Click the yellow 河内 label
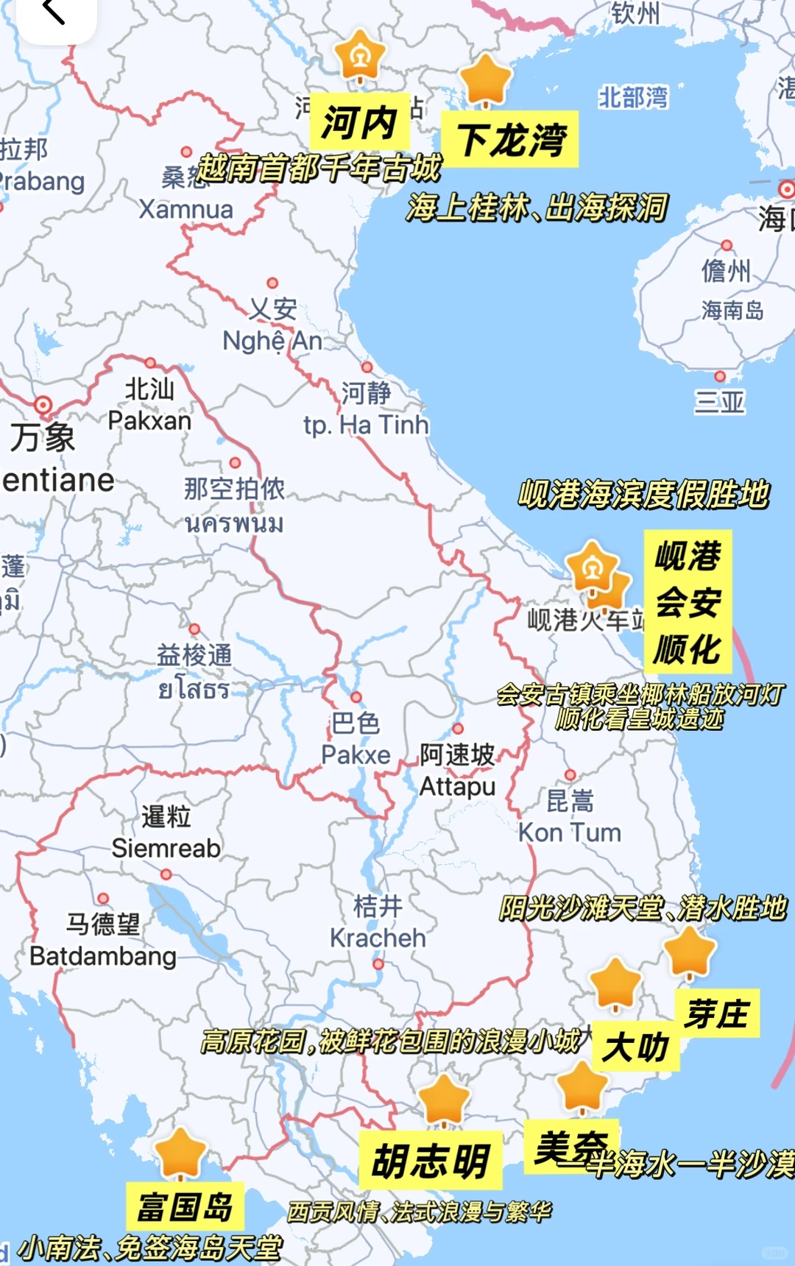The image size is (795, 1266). pos(359,122)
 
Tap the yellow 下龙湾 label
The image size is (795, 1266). pos(510,140)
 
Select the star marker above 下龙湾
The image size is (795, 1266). pos(486,78)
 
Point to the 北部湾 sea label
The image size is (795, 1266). pos(633,98)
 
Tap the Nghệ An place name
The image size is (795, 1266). pos(272,341)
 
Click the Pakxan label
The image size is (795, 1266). pos(149,421)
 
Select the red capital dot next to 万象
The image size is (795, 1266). pos(43,405)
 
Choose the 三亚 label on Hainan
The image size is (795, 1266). pos(719,402)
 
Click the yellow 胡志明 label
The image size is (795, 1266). pos(431,1161)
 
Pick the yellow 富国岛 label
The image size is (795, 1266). pos(185,1206)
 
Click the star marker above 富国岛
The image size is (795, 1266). pos(180,1153)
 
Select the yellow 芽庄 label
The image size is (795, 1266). pos(717,1014)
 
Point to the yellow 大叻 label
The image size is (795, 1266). pos(635,1047)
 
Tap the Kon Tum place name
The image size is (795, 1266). pos(570,832)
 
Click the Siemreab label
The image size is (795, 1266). pos(166,848)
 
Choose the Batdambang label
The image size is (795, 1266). pos(103,956)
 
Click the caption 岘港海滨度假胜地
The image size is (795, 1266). pos(643,494)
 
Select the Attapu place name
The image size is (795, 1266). pos(457,786)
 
